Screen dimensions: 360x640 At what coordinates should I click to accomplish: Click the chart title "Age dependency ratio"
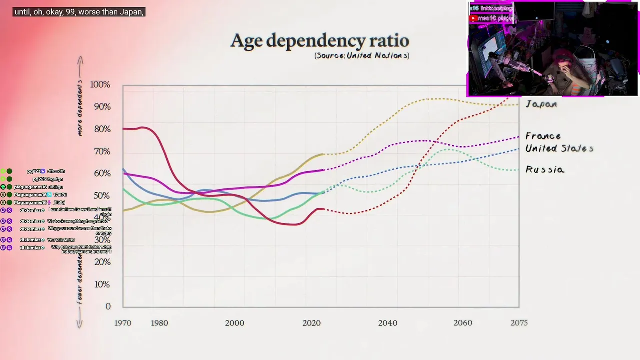point(320,41)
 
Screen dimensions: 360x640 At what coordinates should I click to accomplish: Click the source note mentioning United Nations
point(362,56)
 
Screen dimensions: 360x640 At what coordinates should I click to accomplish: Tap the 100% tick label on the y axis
point(100,85)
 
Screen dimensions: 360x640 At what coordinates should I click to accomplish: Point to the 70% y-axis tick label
point(102,151)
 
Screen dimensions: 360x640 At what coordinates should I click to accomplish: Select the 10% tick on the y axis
point(102,284)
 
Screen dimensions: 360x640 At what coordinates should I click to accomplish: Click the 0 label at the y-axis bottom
point(108,306)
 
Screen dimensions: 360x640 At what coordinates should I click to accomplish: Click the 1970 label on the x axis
point(123,323)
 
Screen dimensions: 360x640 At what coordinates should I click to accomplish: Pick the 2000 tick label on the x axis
point(234,323)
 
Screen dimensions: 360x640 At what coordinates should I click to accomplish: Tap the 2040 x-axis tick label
point(388,323)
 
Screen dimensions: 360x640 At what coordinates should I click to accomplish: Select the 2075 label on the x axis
point(519,323)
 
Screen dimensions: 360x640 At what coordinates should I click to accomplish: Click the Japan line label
point(541,104)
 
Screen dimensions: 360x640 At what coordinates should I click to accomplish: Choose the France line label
point(543,136)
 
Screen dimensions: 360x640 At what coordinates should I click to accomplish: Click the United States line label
point(559,148)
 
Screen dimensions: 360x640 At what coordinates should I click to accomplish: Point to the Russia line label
point(545,170)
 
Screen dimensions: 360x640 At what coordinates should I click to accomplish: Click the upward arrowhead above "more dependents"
point(80,60)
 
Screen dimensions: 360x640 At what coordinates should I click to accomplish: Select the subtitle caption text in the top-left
point(79,12)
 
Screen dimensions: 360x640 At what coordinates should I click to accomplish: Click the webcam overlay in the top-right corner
point(552,49)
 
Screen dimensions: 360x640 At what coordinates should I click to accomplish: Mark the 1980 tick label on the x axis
point(159,323)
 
